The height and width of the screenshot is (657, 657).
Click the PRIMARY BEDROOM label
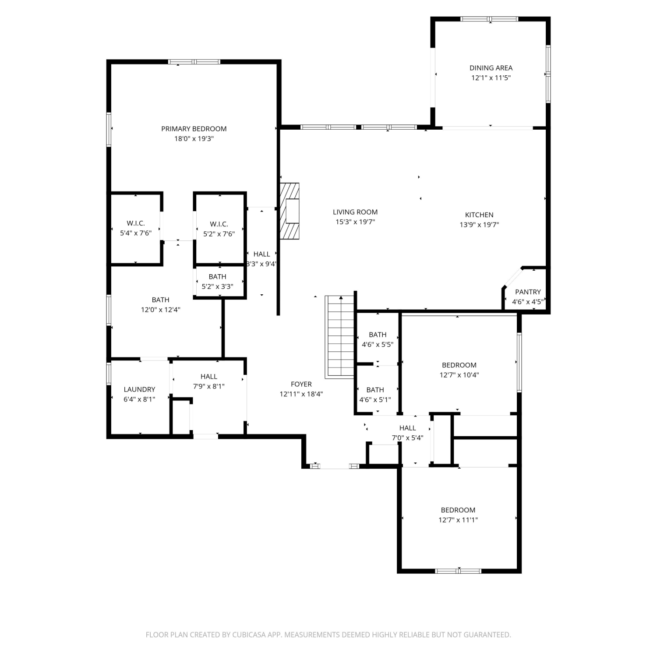coord(194,129)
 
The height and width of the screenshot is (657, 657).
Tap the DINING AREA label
coord(491,68)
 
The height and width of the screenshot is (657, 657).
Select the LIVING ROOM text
coord(355,212)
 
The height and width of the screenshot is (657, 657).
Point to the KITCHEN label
coord(479,215)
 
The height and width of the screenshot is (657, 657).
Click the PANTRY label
coord(528,292)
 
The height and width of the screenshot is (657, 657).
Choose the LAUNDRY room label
coord(139,389)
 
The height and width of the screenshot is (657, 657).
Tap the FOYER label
coord(301,384)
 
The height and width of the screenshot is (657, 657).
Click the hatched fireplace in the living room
coord(290,211)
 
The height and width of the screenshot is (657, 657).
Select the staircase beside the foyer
coord(339,336)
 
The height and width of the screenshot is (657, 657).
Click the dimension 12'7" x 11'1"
coord(458,520)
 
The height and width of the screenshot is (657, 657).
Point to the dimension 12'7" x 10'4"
coord(459,375)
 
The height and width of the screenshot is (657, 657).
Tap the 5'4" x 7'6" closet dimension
coord(136,233)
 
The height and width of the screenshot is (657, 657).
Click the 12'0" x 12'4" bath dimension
coord(161,310)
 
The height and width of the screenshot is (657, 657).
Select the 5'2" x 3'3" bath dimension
coord(217,286)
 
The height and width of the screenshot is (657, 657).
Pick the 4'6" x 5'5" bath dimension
coord(378,344)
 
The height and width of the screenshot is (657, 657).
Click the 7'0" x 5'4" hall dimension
coord(407,438)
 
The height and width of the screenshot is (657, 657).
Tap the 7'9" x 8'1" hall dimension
coord(209,386)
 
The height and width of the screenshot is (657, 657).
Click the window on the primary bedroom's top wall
coord(194,62)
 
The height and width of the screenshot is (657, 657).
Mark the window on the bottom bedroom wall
coord(458,571)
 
